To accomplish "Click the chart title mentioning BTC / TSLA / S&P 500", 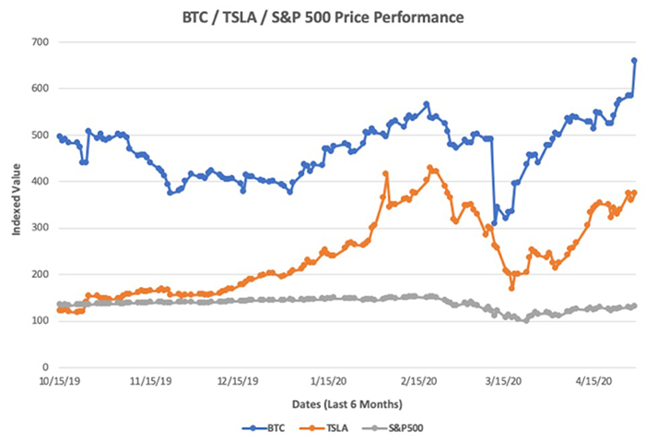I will click(x=322, y=17).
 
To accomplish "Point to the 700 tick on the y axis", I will click(x=40, y=42).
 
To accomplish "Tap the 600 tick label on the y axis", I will click(x=40, y=89).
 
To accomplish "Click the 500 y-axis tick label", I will click(x=40, y=135).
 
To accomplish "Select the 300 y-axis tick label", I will click(x=40, y=228).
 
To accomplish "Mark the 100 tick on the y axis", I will click(x=40, y=321).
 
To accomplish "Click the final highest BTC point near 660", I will click(x=634, y=60).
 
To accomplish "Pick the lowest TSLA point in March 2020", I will click(x=511, y=288).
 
